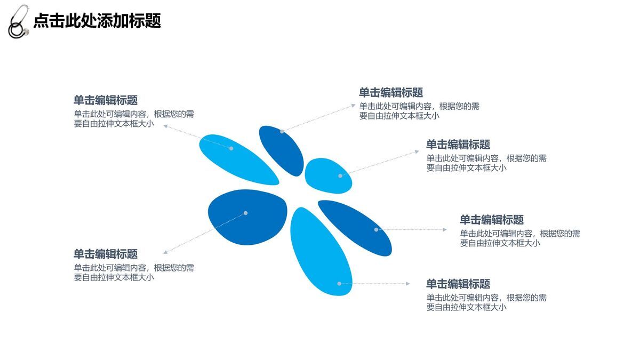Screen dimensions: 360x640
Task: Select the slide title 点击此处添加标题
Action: (97, 21)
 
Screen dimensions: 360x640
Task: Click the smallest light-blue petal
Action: (328, 175)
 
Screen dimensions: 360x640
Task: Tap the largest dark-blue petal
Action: (247, 216)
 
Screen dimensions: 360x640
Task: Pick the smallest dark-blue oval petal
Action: (281, 150)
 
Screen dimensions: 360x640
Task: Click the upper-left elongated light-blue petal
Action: (238, 159)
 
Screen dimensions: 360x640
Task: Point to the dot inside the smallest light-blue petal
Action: (340, 175)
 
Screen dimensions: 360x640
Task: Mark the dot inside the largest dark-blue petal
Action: (245, 213)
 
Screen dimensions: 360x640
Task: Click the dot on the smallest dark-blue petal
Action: (282, 131)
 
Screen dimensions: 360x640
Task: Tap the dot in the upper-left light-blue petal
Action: (231, 148)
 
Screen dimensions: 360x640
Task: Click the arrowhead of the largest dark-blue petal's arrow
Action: (165, 252)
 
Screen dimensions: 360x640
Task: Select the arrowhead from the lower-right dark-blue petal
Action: (445, 230)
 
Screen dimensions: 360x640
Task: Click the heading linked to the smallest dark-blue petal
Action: (391, 93)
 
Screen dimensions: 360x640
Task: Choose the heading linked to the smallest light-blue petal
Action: (458, 145)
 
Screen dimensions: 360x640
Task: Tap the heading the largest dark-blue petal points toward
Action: (106, 254)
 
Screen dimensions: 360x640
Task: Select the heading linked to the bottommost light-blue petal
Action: (458, 284)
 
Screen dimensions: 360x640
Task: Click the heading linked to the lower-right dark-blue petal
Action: (492, 220)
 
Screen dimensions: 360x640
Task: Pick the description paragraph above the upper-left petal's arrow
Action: (134, 118)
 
